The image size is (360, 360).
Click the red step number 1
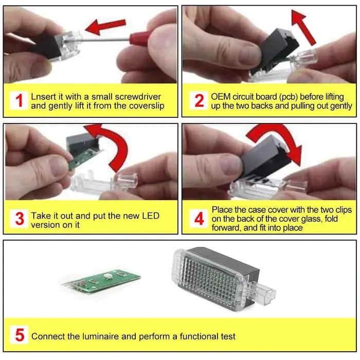[20, 101]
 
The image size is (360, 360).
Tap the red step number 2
[199, 100]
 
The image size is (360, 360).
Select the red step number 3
[20, 219]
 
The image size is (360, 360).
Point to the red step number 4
[199, 219]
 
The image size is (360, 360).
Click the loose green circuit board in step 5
[101, 281]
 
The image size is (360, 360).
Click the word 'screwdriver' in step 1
[138, 97]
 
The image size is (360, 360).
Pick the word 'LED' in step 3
[151, 216]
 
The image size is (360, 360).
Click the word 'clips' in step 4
[344, 210]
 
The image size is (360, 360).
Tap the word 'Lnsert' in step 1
[44, 97]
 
